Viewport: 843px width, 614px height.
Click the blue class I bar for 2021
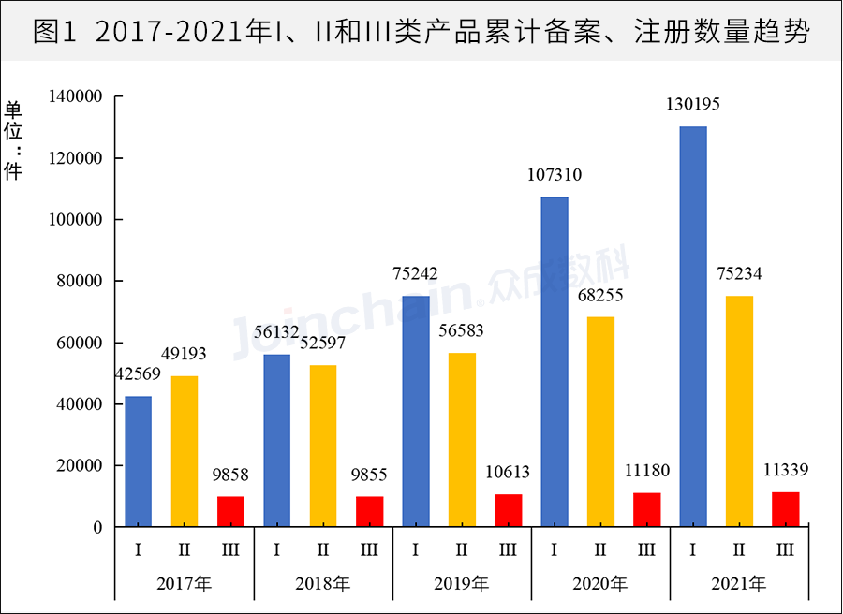click(693, 327)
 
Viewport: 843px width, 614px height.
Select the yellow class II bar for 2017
click(185, 451)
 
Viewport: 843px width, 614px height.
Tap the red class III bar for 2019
click(509, 510)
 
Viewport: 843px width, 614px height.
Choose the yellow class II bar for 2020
click(600, 422)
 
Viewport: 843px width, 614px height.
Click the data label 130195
click(693, 105)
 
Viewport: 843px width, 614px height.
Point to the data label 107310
click(555, 175)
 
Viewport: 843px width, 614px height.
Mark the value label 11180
click(646, 470)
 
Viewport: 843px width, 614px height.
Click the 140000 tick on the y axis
click(75, 97)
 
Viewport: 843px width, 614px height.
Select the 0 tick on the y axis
click(96, 528)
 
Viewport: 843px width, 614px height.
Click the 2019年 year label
click(462, 585)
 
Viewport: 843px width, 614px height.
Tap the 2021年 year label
click(739, 585)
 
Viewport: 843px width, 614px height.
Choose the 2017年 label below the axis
click(185, 585)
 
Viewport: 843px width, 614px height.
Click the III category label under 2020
click(646, 550)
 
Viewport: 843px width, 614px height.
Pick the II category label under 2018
click(323, 550)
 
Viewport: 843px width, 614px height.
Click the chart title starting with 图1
click(421, 33)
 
